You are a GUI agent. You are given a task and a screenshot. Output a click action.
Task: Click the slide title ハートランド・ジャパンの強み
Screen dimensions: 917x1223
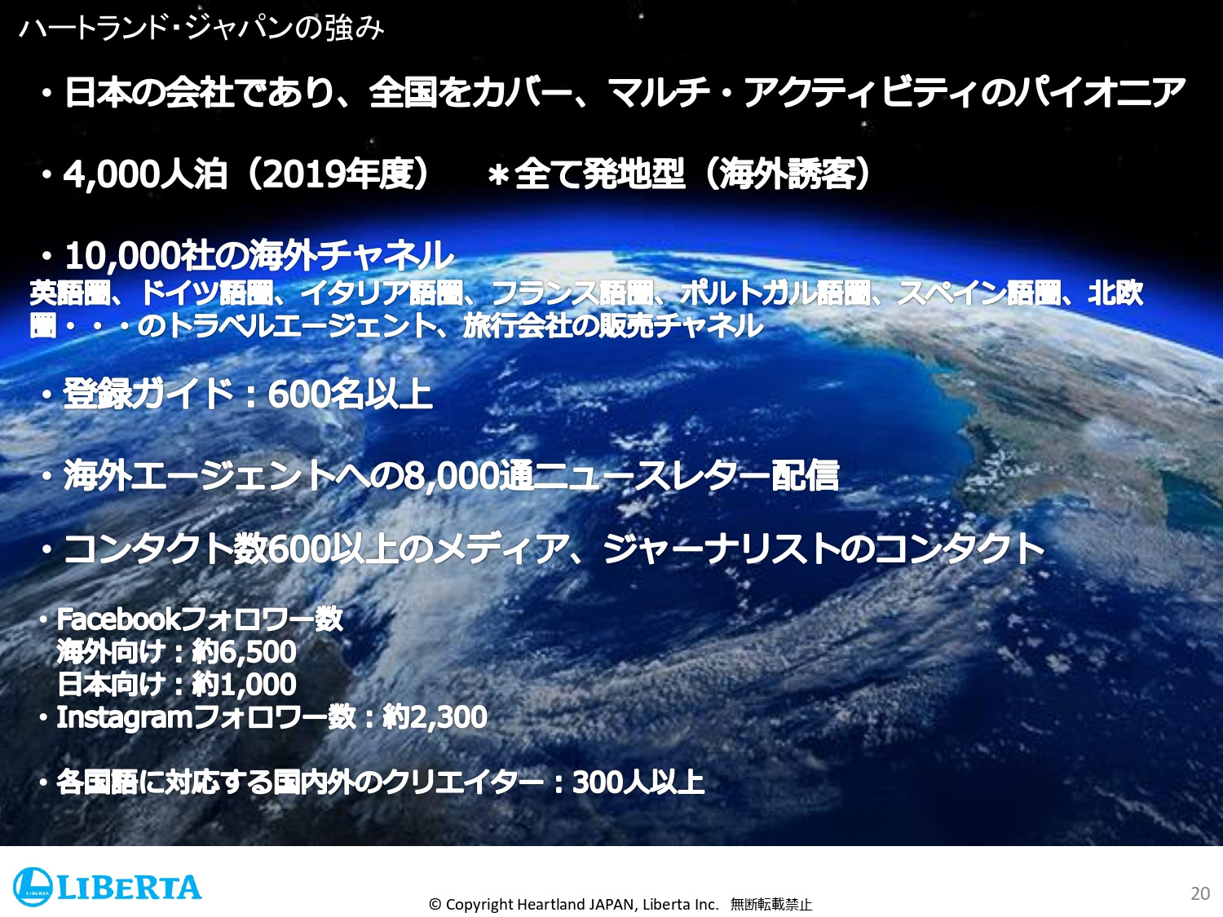201,29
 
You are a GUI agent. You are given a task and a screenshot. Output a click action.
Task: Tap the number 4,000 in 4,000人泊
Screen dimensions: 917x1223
111,174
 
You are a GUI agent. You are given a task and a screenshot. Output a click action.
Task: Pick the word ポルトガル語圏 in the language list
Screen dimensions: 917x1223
775,293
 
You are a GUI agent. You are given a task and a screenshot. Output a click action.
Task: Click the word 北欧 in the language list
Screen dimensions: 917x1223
1115,293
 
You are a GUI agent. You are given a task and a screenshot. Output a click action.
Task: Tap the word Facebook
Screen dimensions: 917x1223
117,619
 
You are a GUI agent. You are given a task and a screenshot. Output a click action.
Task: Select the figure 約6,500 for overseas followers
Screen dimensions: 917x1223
244,652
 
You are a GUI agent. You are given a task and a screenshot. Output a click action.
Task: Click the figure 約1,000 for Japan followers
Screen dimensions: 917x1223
244,685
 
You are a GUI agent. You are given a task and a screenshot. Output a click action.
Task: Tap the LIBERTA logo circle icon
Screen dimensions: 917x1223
33,887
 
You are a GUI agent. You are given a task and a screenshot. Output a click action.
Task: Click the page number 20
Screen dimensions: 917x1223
1199,893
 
